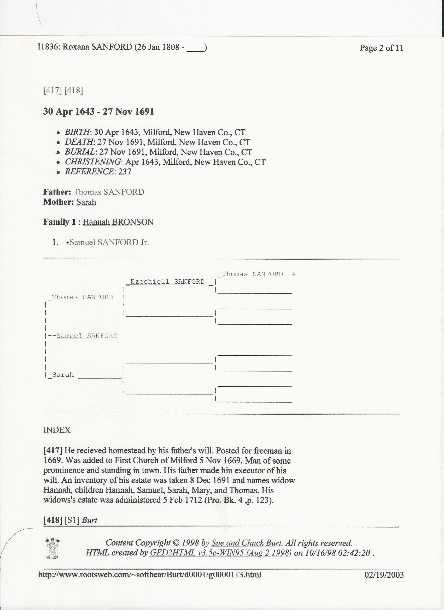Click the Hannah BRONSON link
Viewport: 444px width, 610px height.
tap(118, 222)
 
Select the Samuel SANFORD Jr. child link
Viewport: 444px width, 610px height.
tap(109, 242)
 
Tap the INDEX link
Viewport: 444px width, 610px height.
tap(57, 430)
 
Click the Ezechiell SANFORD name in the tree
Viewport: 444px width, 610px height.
tap(167, 282)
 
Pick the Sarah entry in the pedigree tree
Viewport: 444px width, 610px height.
tap(63, 375)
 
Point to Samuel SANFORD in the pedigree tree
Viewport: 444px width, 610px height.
tap(87, 336)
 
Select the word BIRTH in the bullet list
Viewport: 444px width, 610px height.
tap(77, 132)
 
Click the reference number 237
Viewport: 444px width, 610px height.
tap(124, 172)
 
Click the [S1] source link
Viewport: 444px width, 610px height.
tap(72, 520)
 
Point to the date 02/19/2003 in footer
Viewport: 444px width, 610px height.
tap(384, 575)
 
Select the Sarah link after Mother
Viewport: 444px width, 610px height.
tap(86, 202)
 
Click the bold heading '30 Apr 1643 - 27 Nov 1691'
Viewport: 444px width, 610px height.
tap(98, 111)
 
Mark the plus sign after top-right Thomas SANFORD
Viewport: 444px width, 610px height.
tap(294, 274)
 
